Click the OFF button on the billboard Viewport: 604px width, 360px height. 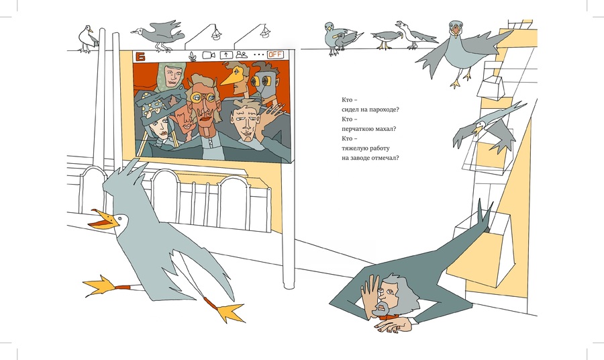275,54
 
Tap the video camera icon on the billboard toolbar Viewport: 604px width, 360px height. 209,54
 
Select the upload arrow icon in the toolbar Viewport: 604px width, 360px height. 226,55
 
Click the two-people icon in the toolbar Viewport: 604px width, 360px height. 241,54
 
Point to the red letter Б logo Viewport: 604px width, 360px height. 141,56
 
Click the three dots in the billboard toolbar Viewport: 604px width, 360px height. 258,54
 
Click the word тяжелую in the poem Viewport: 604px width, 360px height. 354,148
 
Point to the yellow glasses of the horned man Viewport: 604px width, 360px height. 203,98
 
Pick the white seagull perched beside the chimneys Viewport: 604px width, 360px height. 87,38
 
